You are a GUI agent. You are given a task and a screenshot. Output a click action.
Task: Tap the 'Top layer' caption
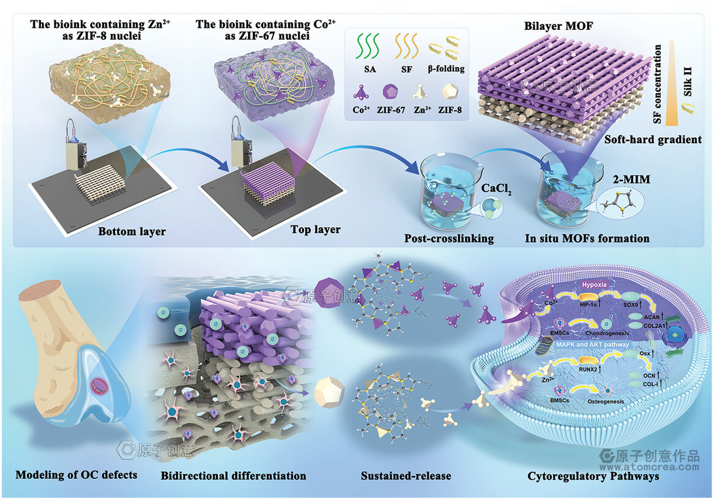click(315, 229)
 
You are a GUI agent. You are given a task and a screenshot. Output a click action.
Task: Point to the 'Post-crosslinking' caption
click(448, 239)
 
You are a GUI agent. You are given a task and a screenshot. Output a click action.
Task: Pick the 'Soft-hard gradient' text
click(653, 140)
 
